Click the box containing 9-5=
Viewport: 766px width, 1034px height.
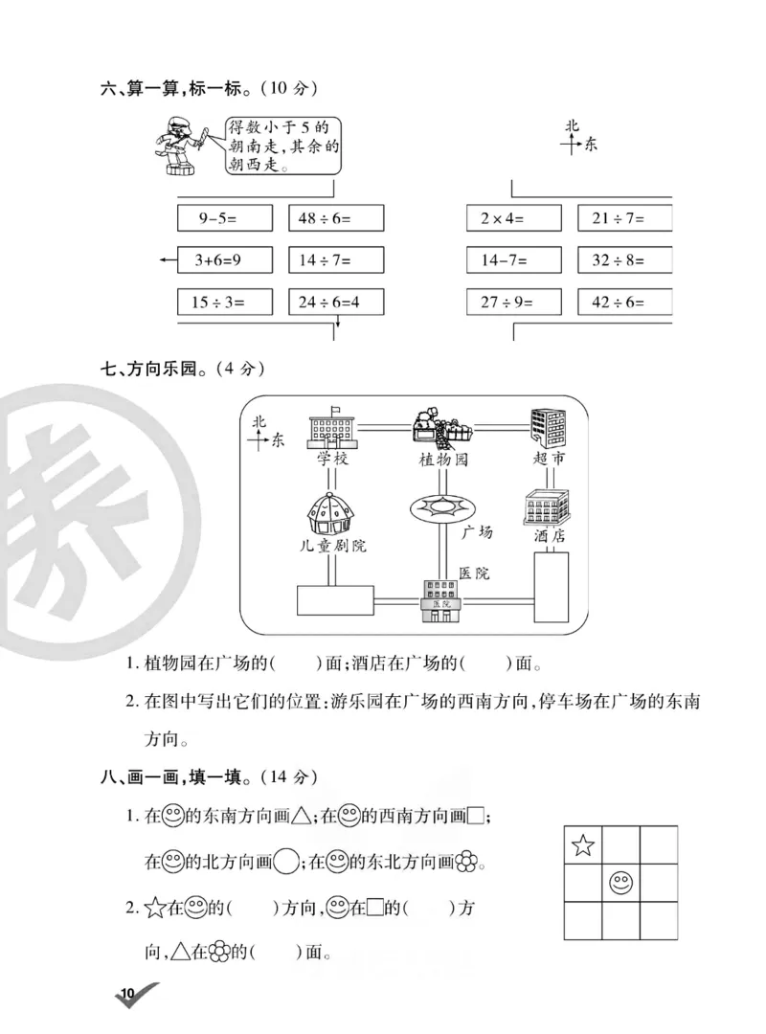coord(225,218)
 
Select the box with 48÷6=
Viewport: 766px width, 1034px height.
coord(335,218)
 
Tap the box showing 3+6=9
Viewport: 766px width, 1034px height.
coord(225,259)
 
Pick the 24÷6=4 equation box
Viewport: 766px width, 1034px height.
coord(335,302)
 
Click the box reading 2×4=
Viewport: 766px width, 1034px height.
coord(513,218)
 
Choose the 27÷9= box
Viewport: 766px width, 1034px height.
coord(513,302)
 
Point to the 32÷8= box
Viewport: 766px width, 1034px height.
coord(624,259)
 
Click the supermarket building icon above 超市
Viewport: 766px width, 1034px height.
coord(547,427)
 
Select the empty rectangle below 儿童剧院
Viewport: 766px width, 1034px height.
coord(334,600)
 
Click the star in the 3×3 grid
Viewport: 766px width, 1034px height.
coord(582,845)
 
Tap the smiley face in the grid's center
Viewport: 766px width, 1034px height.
coord(620,883)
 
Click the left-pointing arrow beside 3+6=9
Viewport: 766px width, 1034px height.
coord(167,259)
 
